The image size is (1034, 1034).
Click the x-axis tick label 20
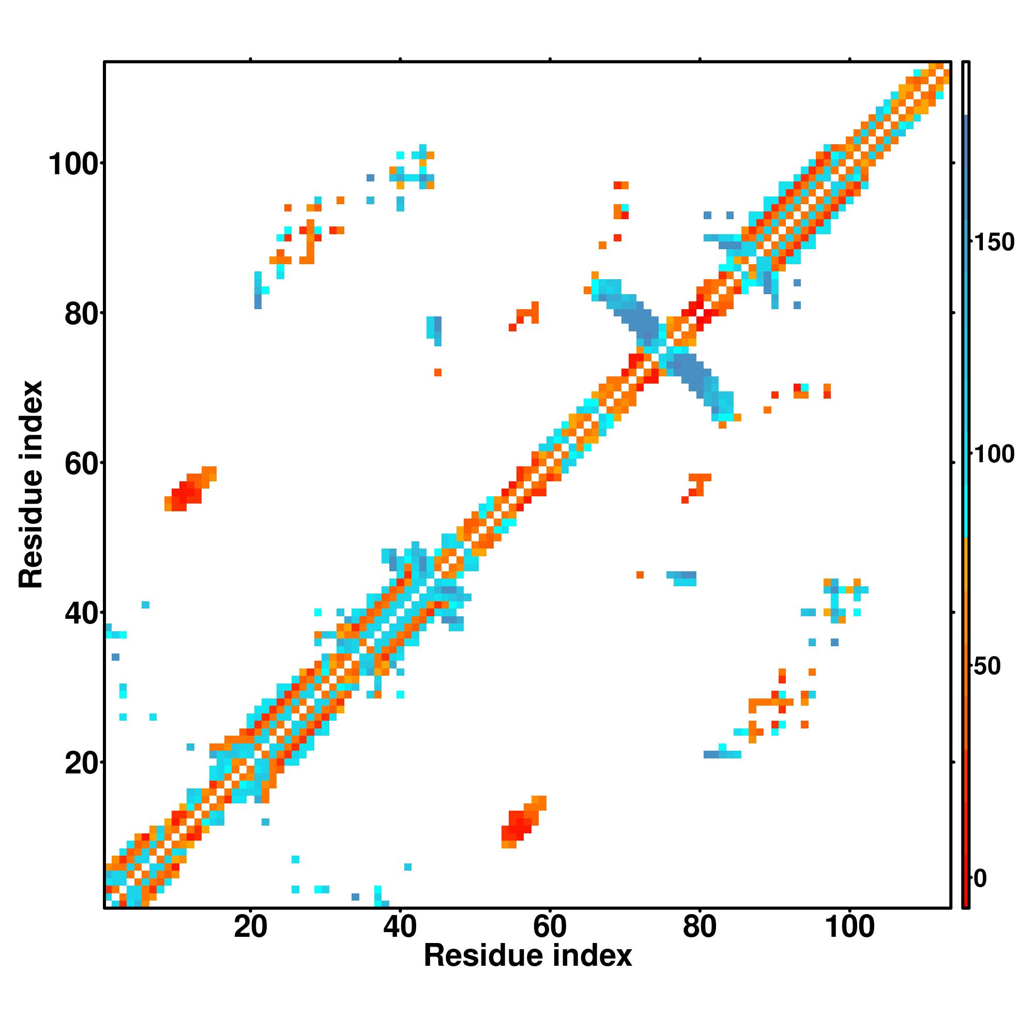(x=250, y=927)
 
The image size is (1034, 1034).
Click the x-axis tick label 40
(x=400, y=927)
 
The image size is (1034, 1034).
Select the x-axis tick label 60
(x=550, y=927)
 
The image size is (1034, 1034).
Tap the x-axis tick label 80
(x=700, y=927)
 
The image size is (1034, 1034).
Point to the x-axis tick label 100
(x=850, y=927)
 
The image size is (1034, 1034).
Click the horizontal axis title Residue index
(x=528, y=956)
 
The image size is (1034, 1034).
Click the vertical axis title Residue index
(x=31, y=484)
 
